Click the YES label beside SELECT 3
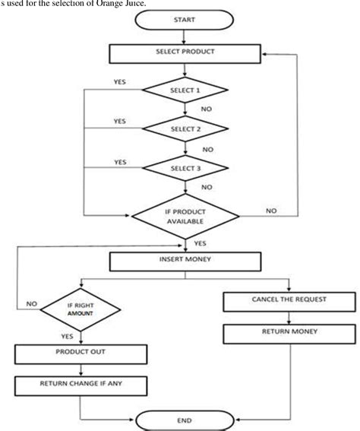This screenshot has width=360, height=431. [x=120, y=162]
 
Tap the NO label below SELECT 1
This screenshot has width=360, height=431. [x=205, y=109]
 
